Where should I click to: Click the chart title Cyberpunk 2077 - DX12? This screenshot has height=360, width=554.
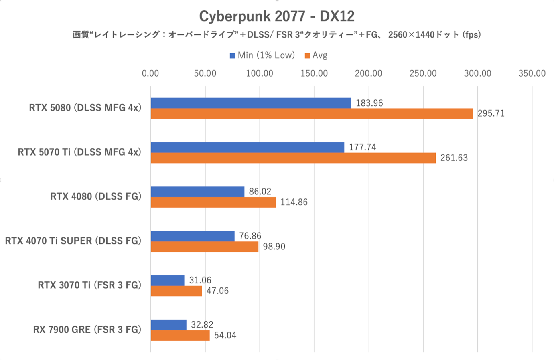click(277, 16)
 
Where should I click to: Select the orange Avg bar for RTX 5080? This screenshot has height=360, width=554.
click(312, 114)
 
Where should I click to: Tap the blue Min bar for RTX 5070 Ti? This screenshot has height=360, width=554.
click(248, 147)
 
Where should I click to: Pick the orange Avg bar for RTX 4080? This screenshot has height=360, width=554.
click(213, 202)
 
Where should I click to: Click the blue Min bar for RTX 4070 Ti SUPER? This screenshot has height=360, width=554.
click(193, 236)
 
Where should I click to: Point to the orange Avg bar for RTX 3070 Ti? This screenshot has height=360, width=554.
click(177, 291)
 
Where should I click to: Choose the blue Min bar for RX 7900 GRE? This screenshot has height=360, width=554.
click(168, 325)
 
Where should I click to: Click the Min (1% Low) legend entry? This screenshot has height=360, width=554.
click(262, 55)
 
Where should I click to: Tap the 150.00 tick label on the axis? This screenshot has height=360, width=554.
click(314, 73)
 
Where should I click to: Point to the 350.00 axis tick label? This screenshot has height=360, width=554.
click(532, 73)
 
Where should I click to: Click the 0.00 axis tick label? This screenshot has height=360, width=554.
click(150, 73)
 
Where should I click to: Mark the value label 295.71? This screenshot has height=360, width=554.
click(491, 114)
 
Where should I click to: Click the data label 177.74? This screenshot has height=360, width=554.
click(363, 147)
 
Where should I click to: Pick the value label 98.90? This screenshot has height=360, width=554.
click(274, 247)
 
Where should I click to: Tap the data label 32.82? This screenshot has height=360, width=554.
click(202, 324)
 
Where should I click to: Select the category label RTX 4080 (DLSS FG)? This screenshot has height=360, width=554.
click(96, 196)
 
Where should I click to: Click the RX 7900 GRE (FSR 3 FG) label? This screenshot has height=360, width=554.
click(87, 330)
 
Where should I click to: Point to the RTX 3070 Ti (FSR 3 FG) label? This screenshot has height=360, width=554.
click(89, 285)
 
